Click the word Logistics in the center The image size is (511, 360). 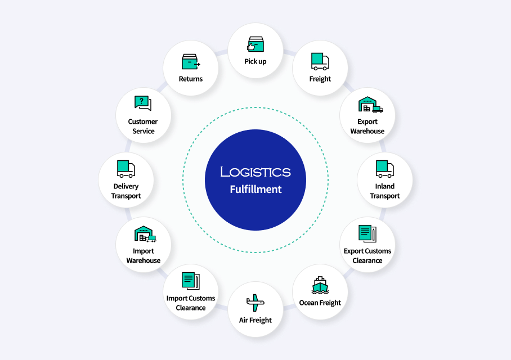(255, 172)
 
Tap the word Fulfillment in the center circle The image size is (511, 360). (255, 190)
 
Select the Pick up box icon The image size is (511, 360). (255, 44)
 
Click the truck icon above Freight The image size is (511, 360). (320, 61)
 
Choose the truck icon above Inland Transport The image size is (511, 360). (385, 169)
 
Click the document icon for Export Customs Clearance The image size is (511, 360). (367, 233)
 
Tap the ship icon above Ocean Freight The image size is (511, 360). (320, 285)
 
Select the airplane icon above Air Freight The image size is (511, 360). (255, 303)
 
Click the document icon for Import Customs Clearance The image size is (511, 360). (190, 281)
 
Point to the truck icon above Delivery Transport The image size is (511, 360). (126, 169)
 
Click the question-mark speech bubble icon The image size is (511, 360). (143, 103)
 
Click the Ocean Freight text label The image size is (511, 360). (320, 303)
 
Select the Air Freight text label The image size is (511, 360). (255, 320)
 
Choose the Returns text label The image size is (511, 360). (191, 79)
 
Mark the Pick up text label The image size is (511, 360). (255, 61)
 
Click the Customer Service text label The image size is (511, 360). (143, 126)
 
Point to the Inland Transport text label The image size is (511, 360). (385, 191)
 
